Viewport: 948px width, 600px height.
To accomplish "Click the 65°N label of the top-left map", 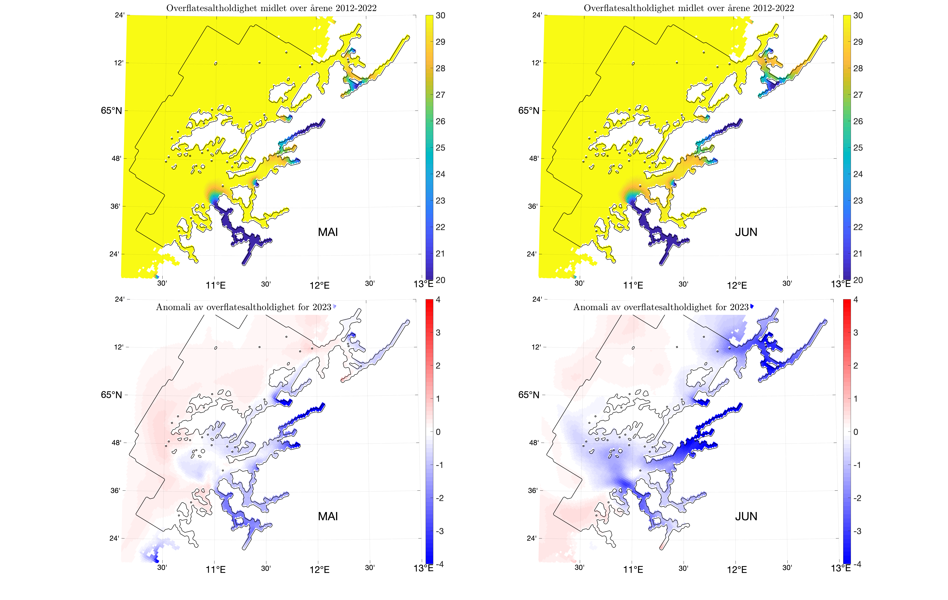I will click(x=111, y=111).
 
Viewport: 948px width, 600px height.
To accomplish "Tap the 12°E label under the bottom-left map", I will click(x=319, y=569).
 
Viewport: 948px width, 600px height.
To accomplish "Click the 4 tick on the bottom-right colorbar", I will click(x=856, y=300).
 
